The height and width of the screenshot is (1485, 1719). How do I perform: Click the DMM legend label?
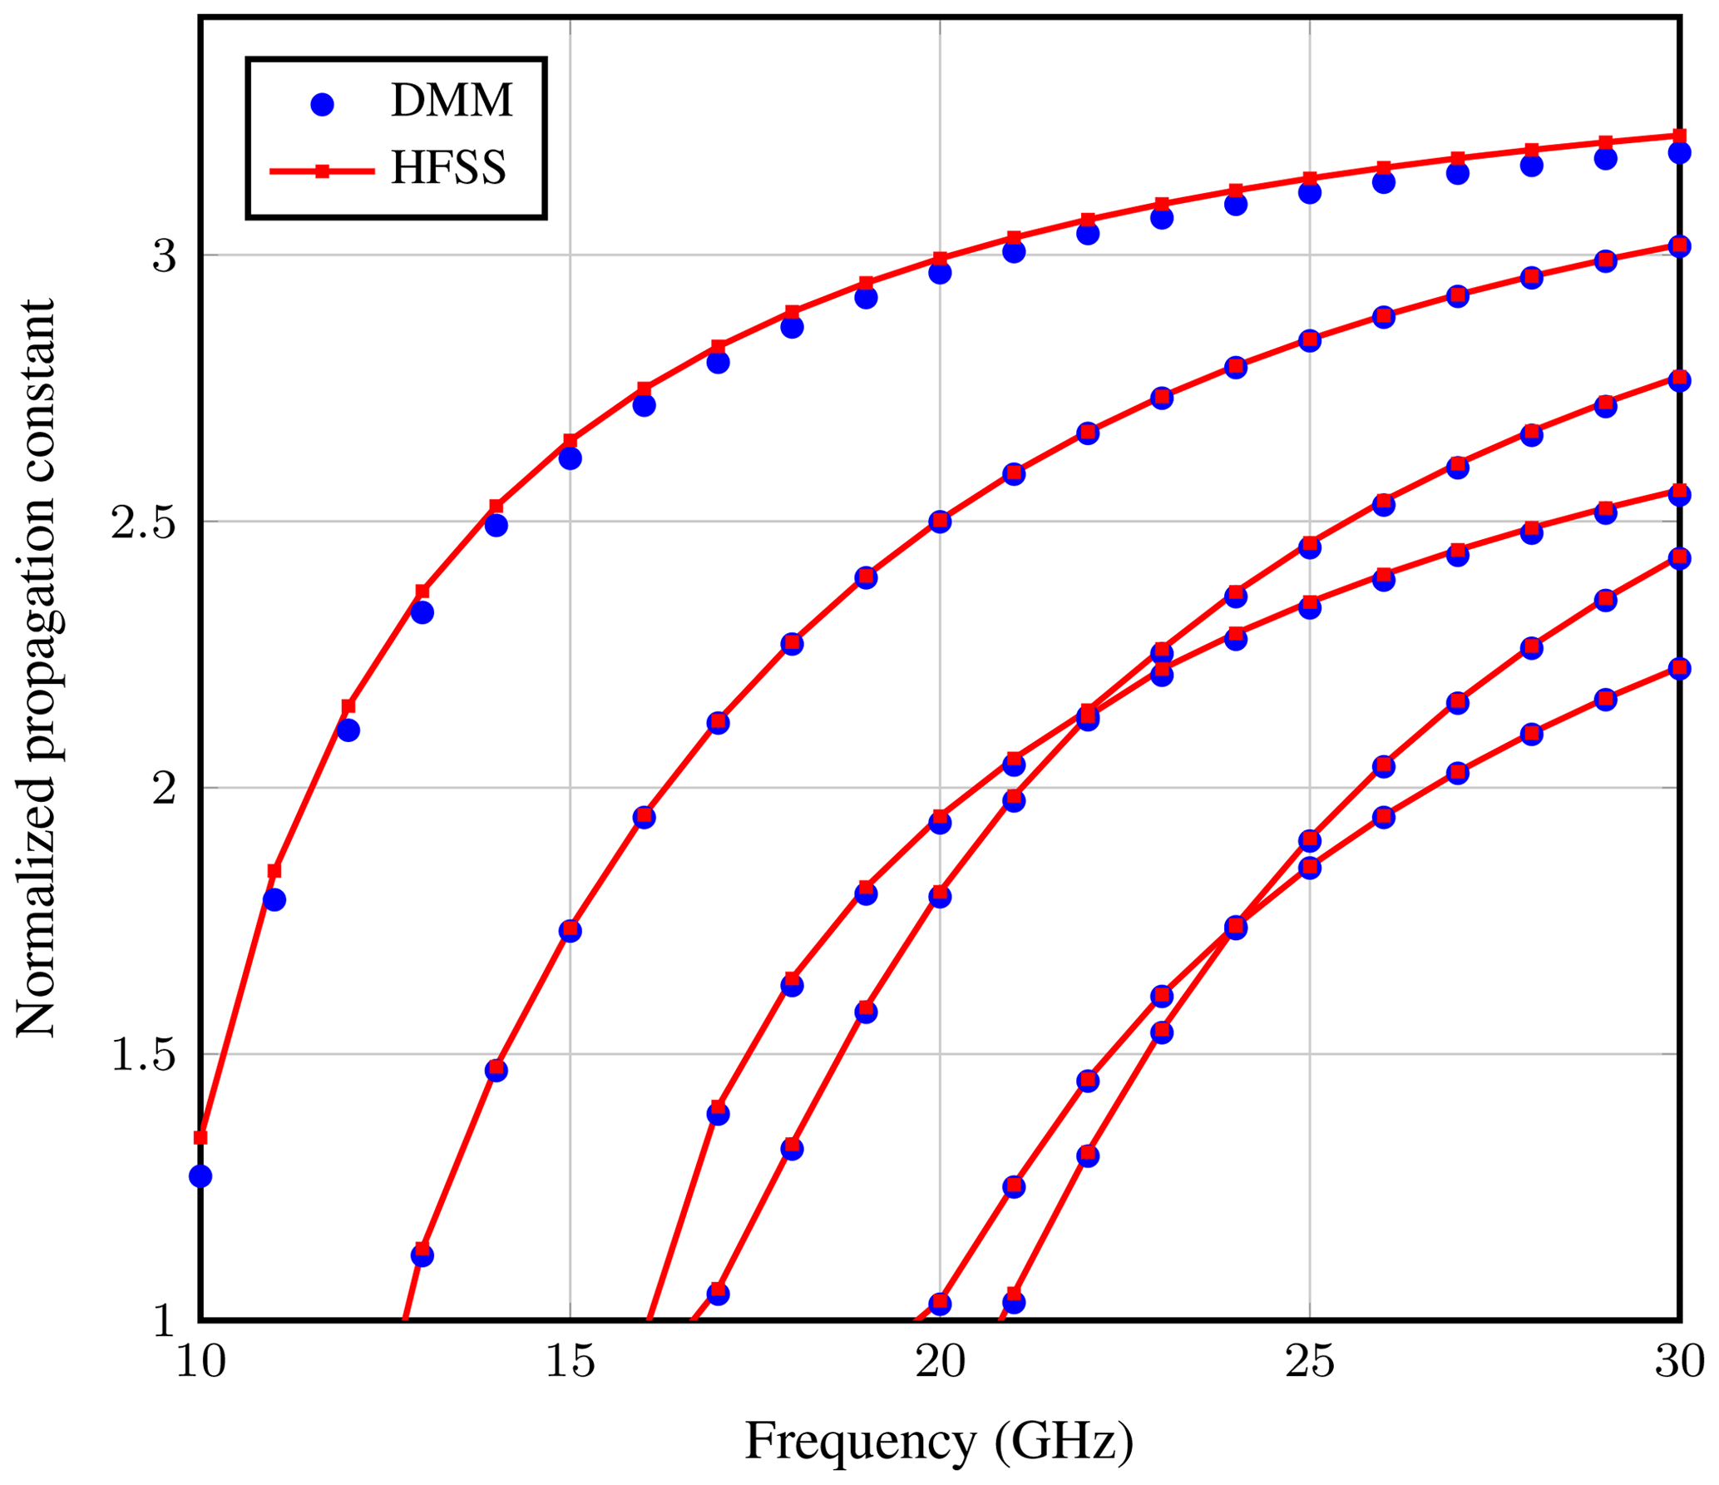[451, 102]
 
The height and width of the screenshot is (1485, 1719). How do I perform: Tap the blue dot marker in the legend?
[322, 104]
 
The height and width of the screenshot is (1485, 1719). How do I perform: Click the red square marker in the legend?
[322, 171]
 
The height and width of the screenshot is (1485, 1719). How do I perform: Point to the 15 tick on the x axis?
[570, 1363]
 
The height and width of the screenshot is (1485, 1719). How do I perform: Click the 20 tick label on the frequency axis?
[940, 1363]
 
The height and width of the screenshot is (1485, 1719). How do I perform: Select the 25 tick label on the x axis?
[1310, 1363]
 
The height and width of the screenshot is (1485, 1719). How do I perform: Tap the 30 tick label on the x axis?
[1678, 1363]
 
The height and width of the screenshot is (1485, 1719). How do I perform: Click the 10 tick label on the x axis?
[200, 1363]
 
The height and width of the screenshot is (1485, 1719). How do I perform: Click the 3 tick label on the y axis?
[164, 256]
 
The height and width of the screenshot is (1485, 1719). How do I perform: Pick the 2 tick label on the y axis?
[164, 789]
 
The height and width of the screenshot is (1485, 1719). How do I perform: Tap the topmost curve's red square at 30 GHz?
[1679, 136]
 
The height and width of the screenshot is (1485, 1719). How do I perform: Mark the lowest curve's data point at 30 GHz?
[1679, 668]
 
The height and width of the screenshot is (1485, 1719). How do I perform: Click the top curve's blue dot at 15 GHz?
[570, 458]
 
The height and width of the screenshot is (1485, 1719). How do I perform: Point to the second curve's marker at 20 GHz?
[940, 522]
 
